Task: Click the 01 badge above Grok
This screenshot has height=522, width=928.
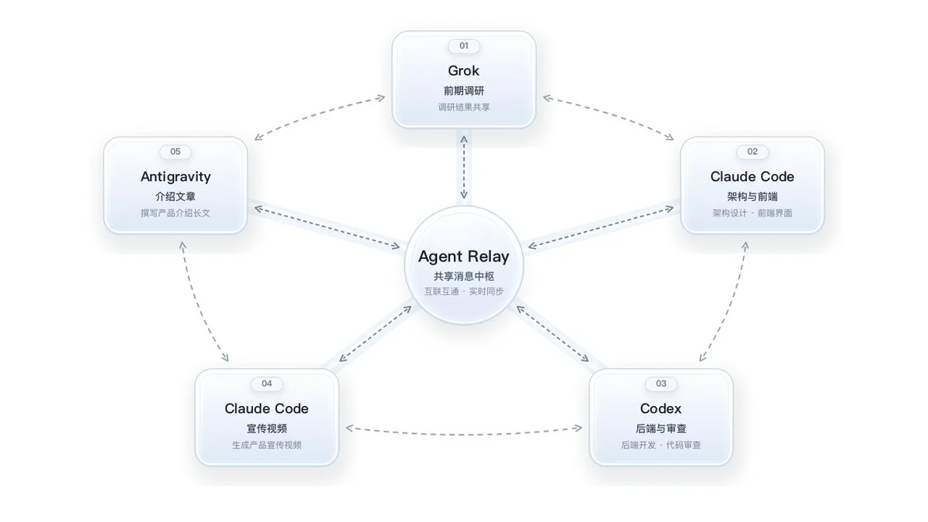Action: click(x=463, y=46)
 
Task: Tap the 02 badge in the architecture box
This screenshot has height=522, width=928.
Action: click(x=752, y=152)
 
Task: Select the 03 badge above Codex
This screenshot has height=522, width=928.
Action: click(x=660, y=384)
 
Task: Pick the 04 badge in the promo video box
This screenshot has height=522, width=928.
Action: click(x=266, y=384)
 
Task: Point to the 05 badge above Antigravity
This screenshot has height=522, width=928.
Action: click(x=176, y=152)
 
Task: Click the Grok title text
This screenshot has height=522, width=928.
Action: click(x=463, y=71)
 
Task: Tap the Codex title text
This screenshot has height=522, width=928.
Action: click(x=660, y=409)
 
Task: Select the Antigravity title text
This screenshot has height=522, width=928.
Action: click(x=176, y=177)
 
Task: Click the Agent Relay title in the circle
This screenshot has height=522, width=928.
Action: click(x=463, y=257)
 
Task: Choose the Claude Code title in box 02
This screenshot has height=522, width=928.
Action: click(x=752, y=177)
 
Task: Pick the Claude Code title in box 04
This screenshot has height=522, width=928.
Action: click(x=266, y=409)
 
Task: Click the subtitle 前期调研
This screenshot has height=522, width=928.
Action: click(x=463, y=90)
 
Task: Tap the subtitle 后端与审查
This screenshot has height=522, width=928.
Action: click(x=660, y=428)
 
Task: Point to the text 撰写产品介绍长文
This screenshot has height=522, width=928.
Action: click(x=176, y=213)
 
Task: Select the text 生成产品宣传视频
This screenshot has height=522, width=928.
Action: click(x=266, y=445)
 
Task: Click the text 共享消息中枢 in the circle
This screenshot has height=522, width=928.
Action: click(x=463, y=276)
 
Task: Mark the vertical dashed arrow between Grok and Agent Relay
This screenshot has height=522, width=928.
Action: click(x=464, y=167)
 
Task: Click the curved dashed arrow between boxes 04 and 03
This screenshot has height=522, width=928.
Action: click(x=464, y=434)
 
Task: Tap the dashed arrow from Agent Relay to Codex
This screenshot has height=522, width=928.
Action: click(x=552, y=333)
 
